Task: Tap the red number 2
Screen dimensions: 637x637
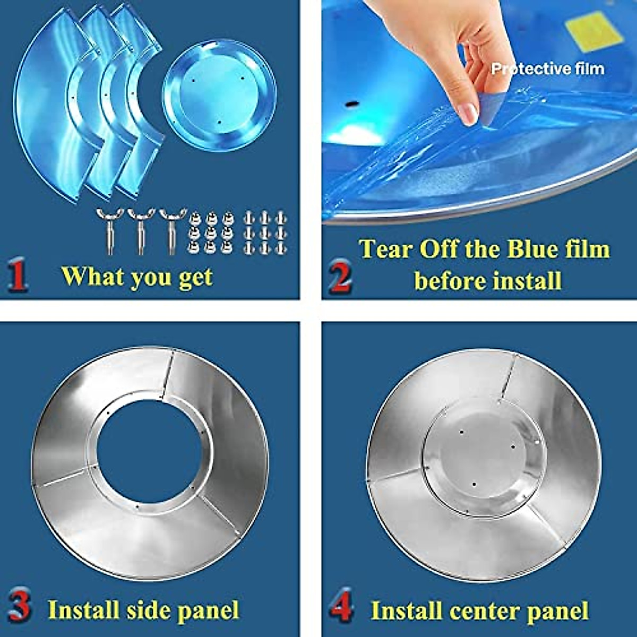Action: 340,277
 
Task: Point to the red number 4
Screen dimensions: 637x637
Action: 340,605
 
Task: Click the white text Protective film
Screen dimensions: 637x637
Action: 547,68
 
